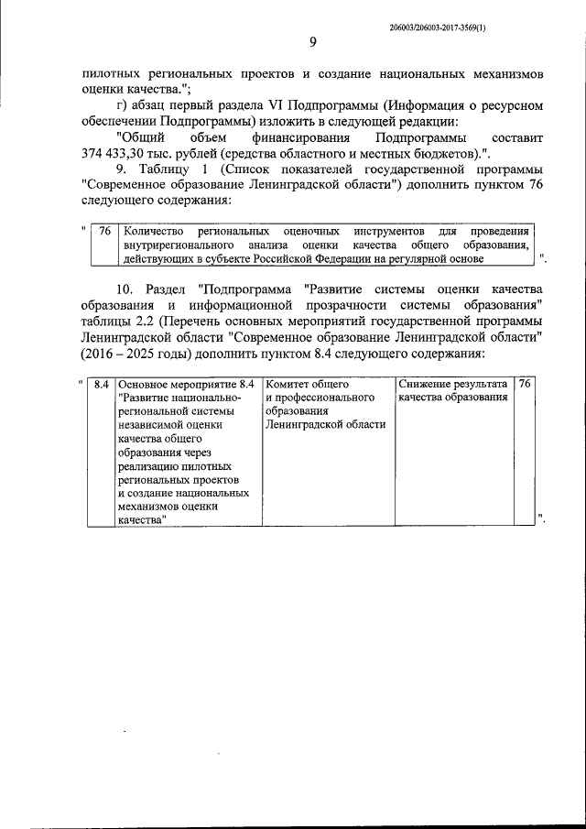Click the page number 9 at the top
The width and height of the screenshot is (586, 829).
pyautogui.click(x=312, y=42)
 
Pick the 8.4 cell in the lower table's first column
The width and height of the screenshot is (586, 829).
pyautogui.click(x=102, y=383)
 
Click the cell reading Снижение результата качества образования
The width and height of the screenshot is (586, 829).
pyautogui.click(x=452, y=390)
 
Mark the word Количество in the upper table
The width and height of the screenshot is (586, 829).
pyautogui.click(x=154, y=231)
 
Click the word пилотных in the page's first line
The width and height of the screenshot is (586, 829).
pyautogui.click(x=113, y=71)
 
